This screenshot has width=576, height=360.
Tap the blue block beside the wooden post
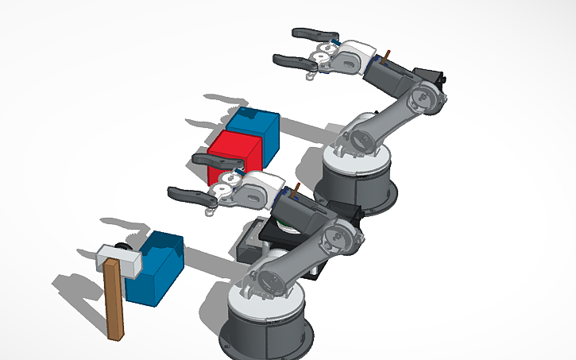pos(159,270)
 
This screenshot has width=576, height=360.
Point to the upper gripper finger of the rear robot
pos(314,34)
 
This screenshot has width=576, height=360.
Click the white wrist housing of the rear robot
pos(350,56)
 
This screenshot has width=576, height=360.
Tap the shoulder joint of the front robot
pos(266,277)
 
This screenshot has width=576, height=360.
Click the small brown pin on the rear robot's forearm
pos(387,55)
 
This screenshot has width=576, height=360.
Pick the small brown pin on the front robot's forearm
pos(296,191)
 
